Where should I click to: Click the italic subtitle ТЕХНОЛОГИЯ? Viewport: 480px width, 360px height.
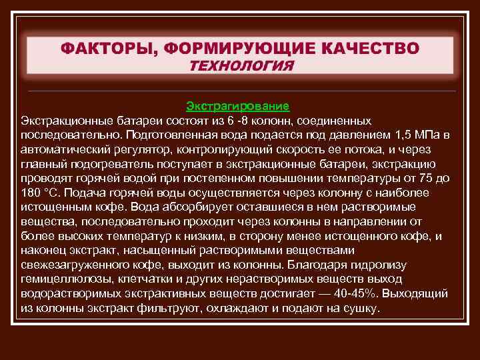241,66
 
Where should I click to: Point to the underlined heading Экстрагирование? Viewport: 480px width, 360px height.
237,105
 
